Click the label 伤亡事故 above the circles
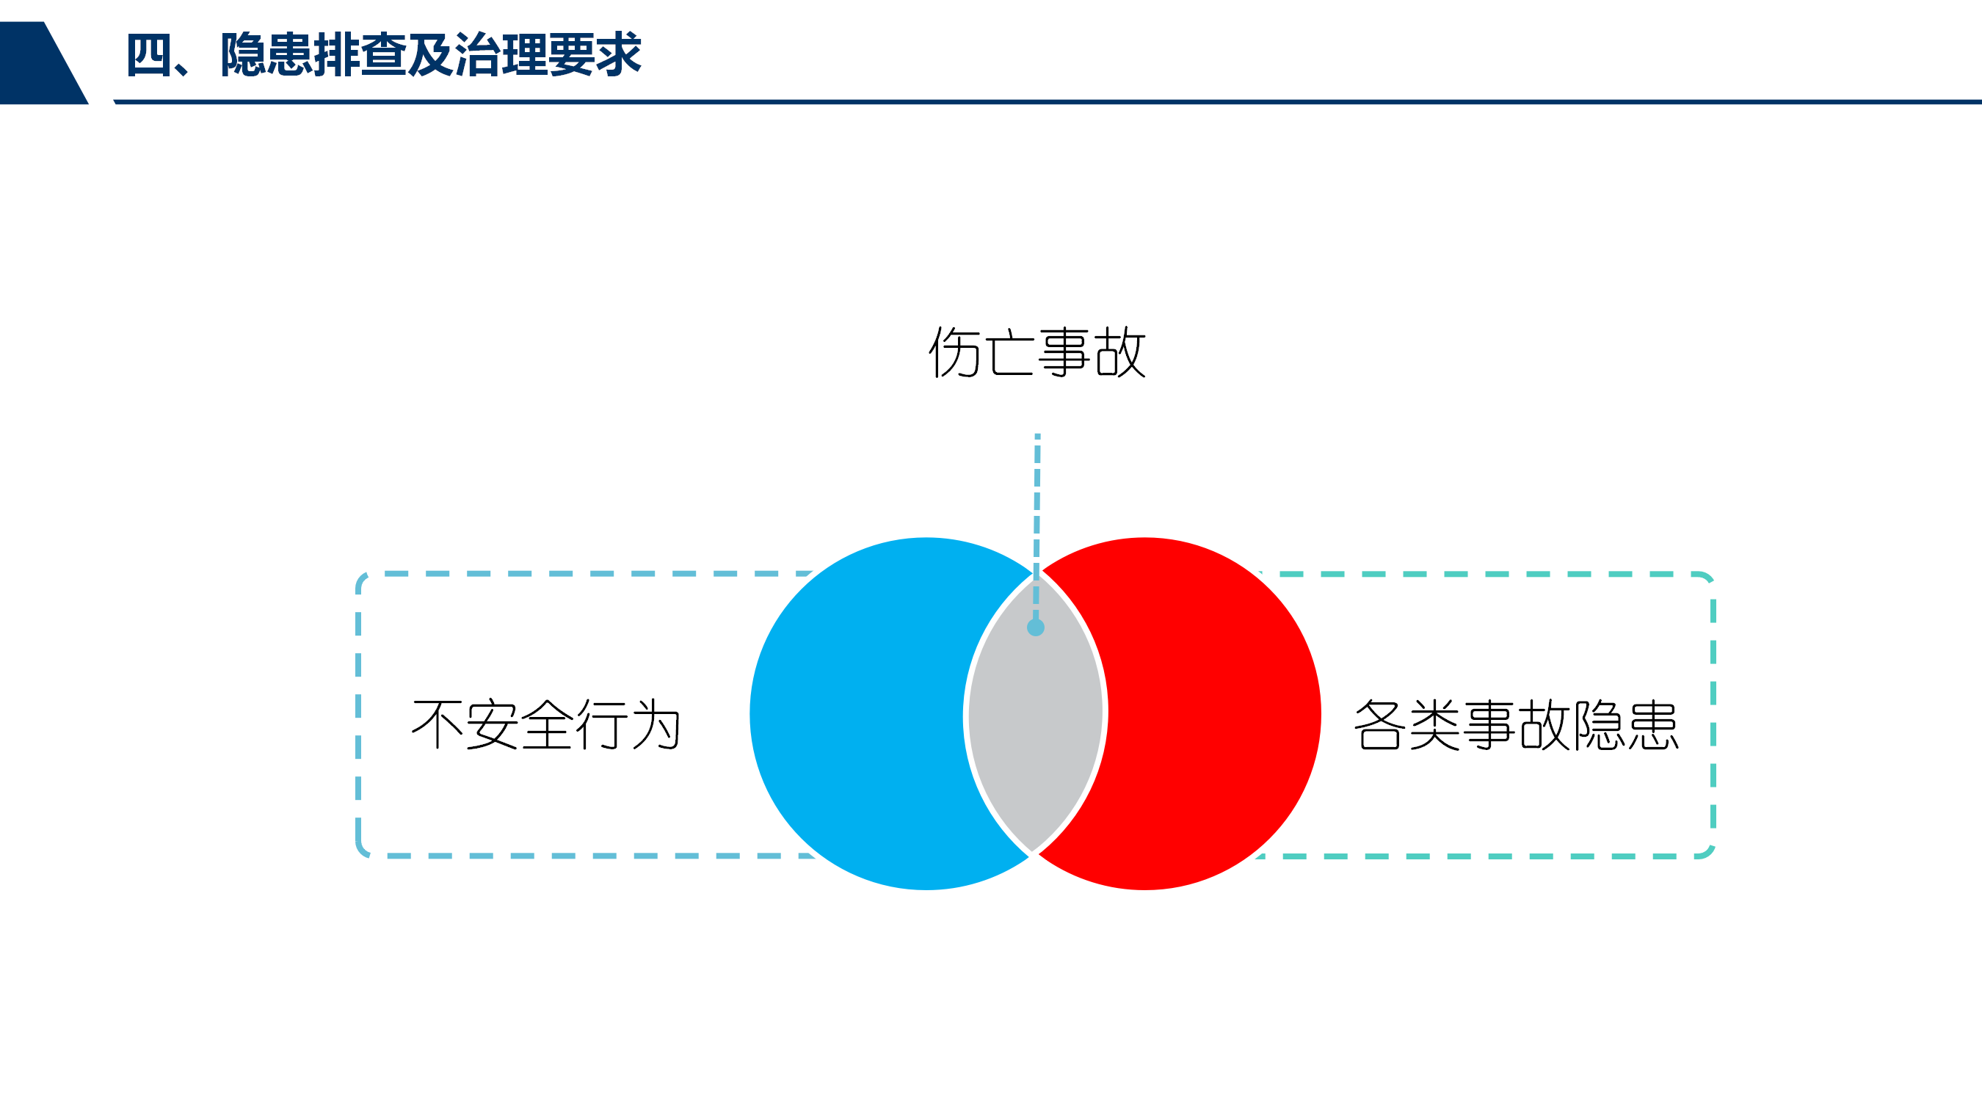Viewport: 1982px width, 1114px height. coord(1037,352)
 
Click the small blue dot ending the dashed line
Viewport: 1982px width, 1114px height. coord(1036,627)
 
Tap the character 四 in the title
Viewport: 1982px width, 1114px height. coord(149,55)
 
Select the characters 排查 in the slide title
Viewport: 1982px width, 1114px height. coord(361,55)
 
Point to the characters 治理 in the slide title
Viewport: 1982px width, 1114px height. coord(501,55)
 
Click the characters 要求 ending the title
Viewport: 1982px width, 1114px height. coord(595,55)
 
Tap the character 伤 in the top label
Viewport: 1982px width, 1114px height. coord(955,352)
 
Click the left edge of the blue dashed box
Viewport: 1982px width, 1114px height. coord(358,715)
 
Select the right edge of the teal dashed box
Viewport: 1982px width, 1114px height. coord(1713,715)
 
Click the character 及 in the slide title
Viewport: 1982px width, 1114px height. coord(431,55)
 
